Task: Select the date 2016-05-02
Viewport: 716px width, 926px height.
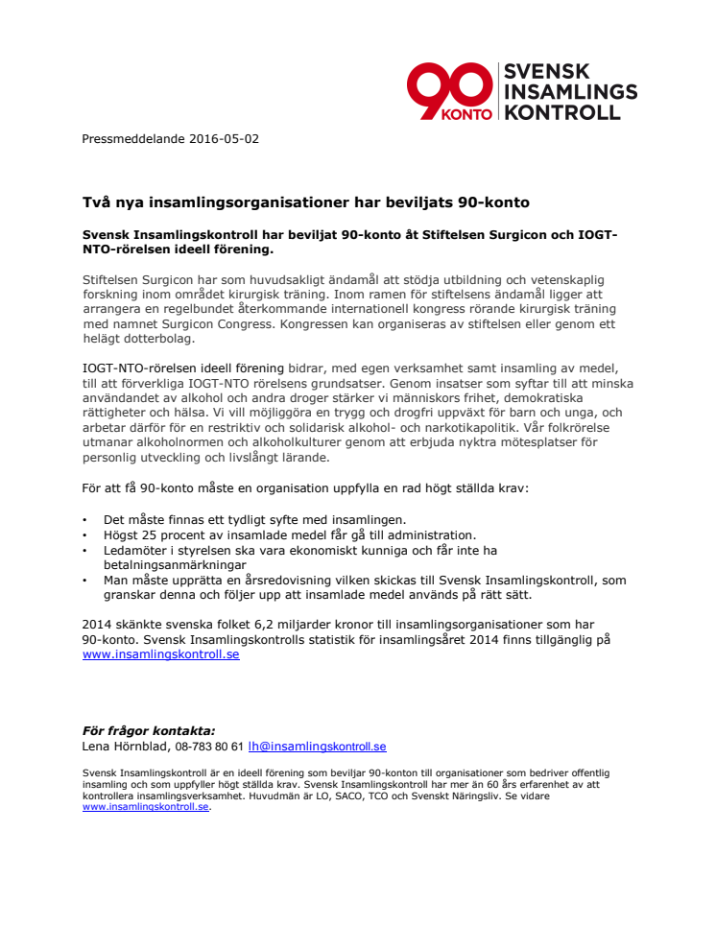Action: pos(226,138)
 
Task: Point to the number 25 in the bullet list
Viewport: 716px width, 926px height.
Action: pos(157,534)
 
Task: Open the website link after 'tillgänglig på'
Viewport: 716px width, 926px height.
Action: pos(160,654)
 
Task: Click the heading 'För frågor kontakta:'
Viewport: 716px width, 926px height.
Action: pos(149,730)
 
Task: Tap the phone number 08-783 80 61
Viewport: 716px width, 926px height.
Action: pos(210,746)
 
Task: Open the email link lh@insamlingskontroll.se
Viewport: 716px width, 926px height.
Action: pos(317,746)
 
